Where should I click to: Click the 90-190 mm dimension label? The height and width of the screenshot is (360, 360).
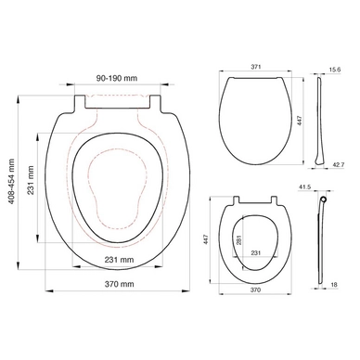pos(116,79)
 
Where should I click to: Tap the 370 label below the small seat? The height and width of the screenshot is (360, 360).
pos(253,289)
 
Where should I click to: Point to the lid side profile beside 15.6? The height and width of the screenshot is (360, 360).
pos(320,116)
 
